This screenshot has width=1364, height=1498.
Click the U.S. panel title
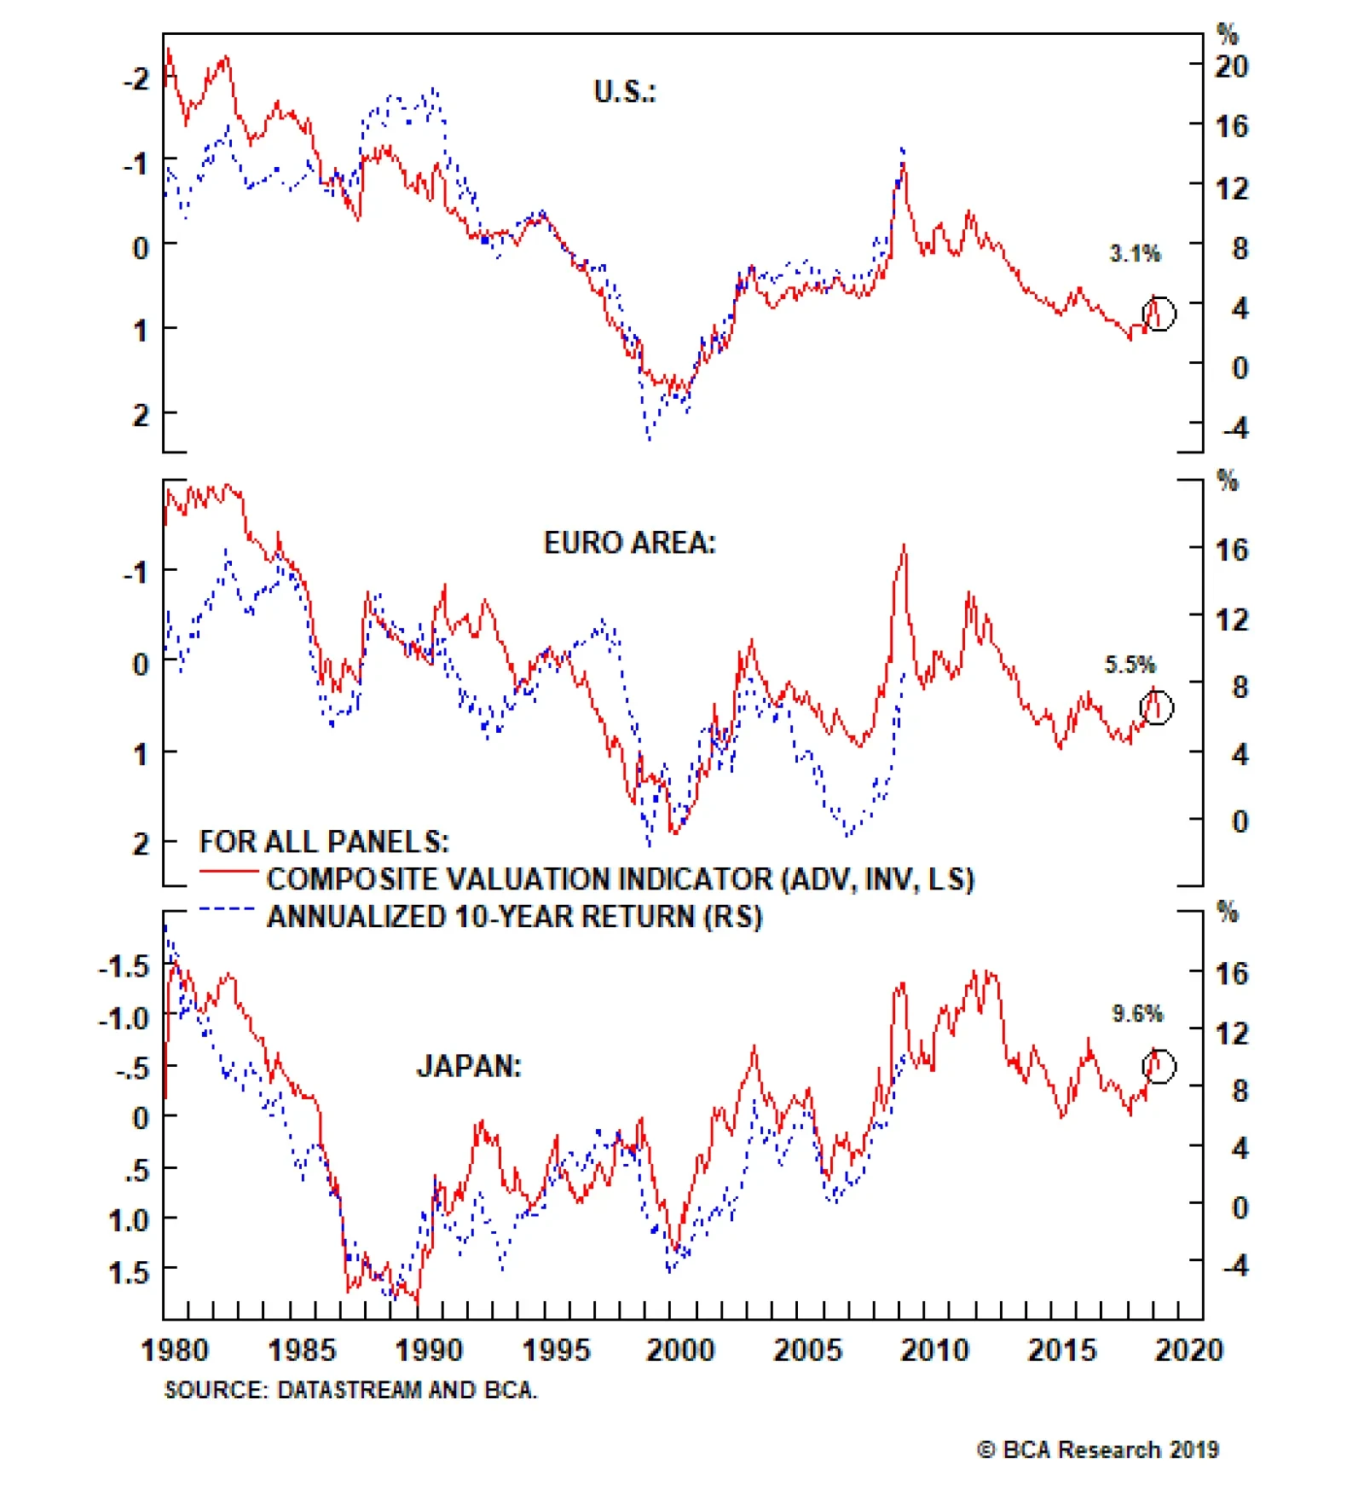coord(625,92)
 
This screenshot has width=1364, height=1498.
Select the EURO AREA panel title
coord(630,543)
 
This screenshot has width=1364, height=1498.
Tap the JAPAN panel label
coord(469,1066)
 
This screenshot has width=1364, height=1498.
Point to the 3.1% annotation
coord(1135,253)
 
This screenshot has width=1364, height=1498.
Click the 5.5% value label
coord(1130,665)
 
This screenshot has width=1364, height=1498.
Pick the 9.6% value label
coord(1137,1014)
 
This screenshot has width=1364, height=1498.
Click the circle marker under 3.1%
coord(1159,314)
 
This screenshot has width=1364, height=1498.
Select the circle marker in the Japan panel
coord(1159,1066)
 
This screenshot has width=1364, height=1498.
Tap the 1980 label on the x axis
coord(174,1351)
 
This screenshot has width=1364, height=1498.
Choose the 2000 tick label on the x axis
coord(680,1351)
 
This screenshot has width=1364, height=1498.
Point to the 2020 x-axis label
coord(1188,1351)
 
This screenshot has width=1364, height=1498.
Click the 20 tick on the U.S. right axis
coord(1231,66)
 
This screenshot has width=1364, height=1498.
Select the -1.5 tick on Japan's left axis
coord(124,967)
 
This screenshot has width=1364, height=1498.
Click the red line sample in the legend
coord(228,872)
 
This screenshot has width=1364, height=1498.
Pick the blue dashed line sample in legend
coord(228,909)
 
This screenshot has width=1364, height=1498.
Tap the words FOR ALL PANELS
coord(324,842)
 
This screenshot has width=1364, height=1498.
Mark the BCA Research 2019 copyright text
coord(1098,1449)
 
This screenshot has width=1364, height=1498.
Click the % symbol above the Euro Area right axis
coord(1227,481)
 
